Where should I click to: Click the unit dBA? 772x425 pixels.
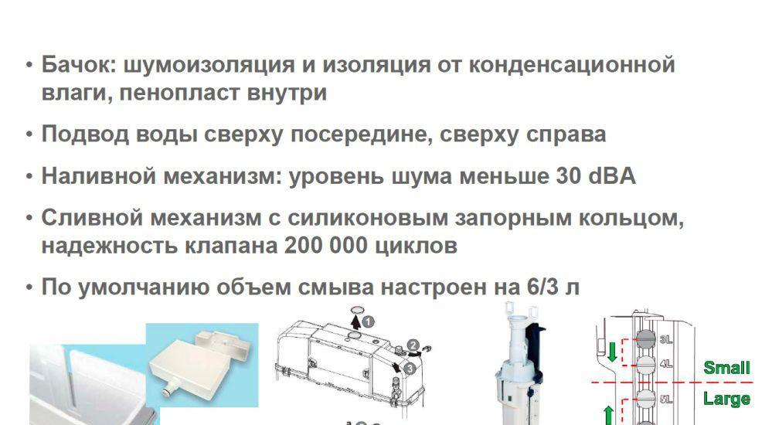point(611,176)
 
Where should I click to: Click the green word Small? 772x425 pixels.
point(726,368)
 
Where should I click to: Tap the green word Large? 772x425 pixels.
point(726,399)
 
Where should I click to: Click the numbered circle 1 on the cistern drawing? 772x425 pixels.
point(368,319)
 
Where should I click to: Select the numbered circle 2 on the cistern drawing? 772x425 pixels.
point(413,345)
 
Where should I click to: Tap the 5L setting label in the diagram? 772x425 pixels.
point(666,399)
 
